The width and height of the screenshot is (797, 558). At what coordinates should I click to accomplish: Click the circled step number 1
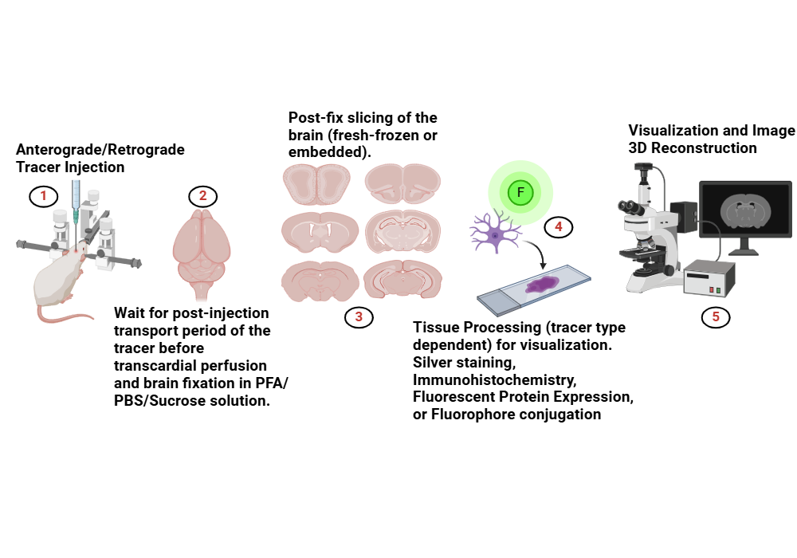[43, 196]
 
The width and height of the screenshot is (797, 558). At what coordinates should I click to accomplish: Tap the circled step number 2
[202, 196]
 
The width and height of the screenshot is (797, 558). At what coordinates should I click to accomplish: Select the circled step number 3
[359, 317]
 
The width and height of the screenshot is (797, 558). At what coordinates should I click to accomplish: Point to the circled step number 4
[559, 226]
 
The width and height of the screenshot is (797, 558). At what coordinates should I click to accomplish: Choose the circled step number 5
[716, 317]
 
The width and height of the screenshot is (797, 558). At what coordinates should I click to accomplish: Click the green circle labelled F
[520, 193]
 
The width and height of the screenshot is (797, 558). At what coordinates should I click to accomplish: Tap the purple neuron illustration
[495, 233]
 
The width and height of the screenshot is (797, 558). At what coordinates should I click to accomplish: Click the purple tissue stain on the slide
[542, 285]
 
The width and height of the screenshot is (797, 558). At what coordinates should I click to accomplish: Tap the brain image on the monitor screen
[746, 209]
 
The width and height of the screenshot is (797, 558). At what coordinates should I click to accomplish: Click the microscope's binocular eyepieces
[630, 207]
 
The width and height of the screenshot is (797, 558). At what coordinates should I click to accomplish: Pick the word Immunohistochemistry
[495, 380]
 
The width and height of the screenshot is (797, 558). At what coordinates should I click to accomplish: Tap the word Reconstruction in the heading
[704, 148]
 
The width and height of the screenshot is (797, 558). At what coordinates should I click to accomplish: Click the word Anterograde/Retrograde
[100, 150]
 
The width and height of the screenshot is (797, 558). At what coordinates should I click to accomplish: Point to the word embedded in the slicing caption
[328, 152]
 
